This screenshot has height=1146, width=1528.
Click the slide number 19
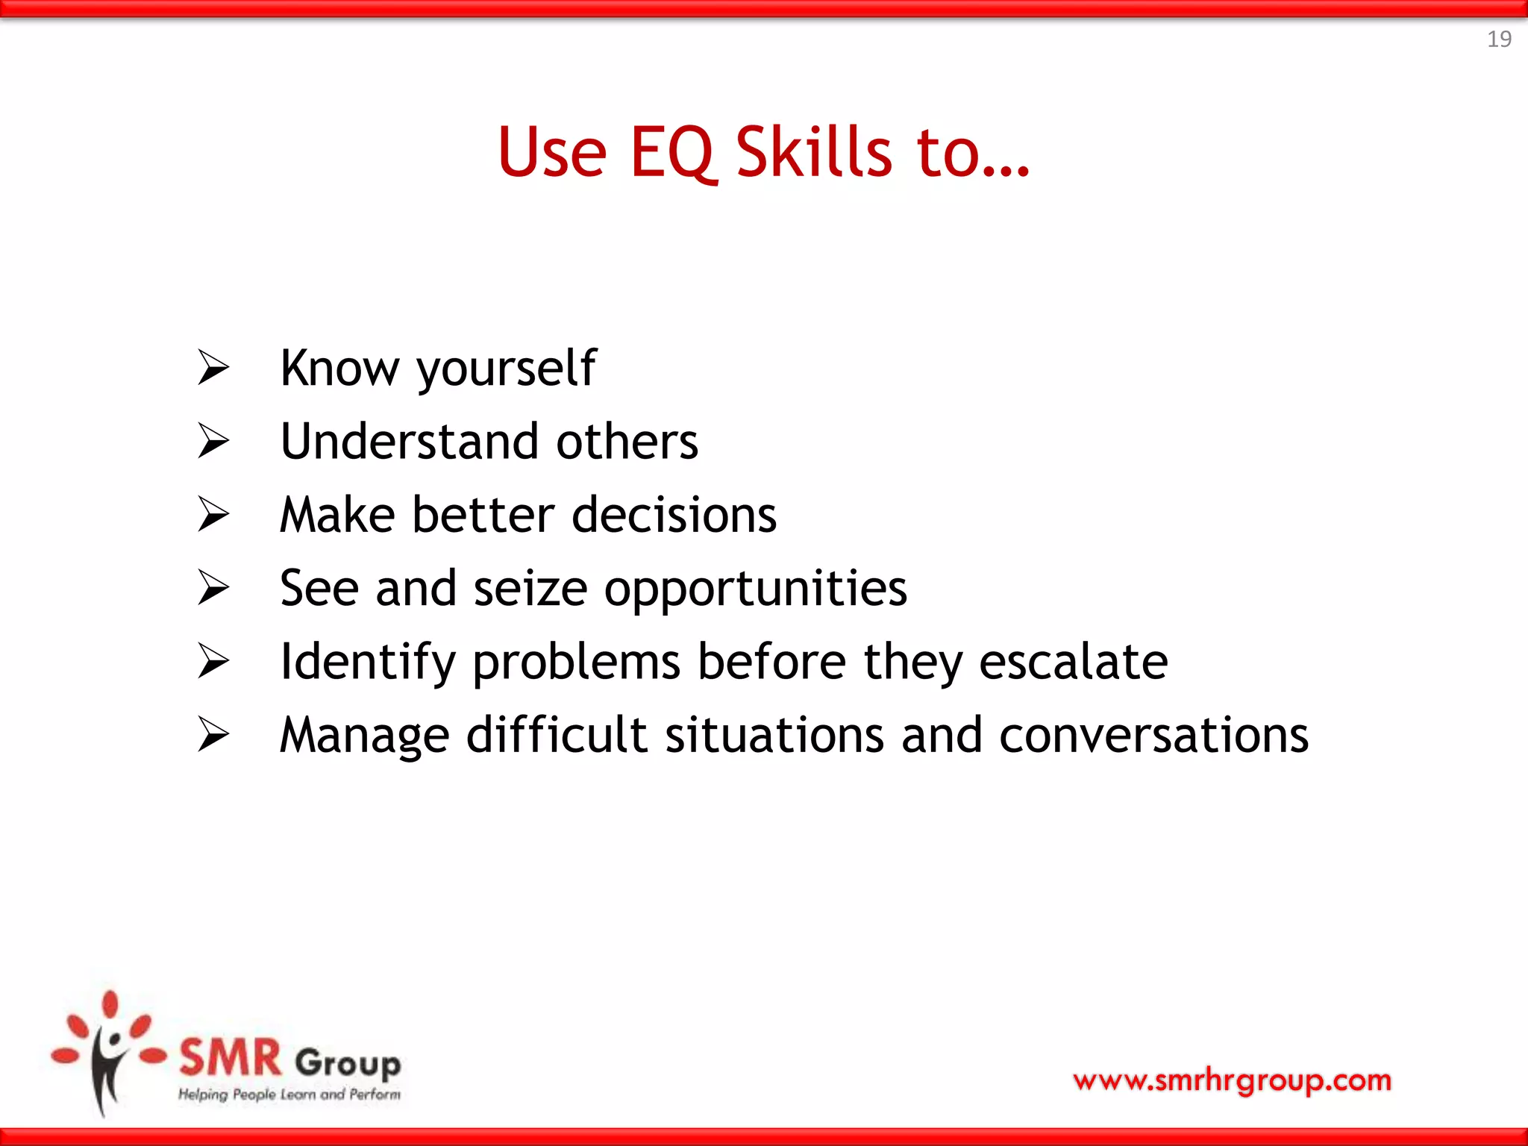pos(1498,39)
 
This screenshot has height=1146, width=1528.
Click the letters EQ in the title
pos(672,153)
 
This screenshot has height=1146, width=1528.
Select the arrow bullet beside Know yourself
pos(213,368)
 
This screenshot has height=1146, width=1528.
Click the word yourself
pos(507,369)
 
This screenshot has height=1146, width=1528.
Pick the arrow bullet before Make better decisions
pos(213,515)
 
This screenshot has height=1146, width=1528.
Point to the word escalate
pos(1073,662)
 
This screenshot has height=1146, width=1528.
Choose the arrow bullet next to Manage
pos(213,735)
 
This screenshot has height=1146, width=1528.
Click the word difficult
pos(557,735)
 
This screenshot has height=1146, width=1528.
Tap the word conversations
pos(1153,736)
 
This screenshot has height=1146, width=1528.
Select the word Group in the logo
pos(348,1062)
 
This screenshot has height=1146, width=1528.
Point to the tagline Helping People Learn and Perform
pos(289,1095)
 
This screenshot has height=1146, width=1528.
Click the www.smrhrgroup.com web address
pos(1232,1080)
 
